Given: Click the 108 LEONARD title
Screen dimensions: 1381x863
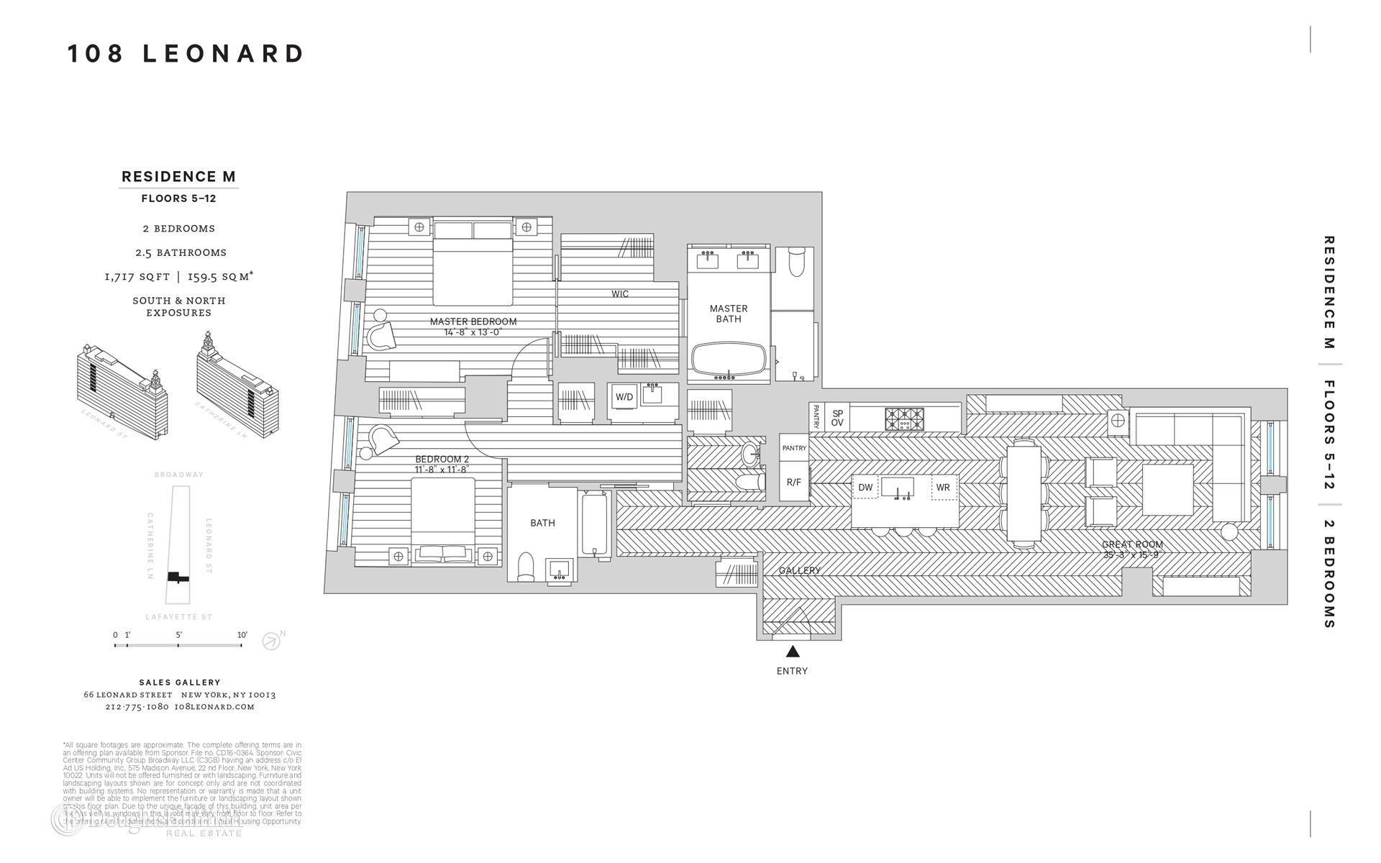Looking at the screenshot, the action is [x=186, y=54].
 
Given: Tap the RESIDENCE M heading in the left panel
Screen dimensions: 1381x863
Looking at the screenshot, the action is [x=178, y=176].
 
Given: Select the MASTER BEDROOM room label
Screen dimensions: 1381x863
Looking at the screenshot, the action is [x=473, y=321].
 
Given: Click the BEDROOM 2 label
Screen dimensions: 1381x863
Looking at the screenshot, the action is [x=442, y=459].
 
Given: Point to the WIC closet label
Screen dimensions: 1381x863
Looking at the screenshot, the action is [x=619, y=293].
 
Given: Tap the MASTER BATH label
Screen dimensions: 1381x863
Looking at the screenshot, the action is [x=728, y=314].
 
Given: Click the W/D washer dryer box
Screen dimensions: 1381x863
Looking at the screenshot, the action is [x=624, y=397].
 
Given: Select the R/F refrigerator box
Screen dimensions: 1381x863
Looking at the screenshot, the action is [x=793, y=483].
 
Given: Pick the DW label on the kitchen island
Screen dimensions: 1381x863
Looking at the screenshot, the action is [x=865, y=488].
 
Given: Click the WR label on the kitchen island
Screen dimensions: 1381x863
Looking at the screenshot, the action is [x=943, y=488].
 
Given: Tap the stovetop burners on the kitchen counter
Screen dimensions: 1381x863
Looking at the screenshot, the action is [x=904, y=419].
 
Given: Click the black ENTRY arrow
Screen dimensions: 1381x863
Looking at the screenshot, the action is [x=793, y=652].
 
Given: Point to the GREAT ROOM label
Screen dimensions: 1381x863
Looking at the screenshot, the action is [x=1132, y=544].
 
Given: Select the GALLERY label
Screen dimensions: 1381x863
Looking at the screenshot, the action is [x=799, y=570].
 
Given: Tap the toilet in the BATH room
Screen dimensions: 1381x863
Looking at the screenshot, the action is [x=526, y=566].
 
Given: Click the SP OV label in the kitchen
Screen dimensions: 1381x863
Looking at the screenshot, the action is [x=837, y=418].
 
